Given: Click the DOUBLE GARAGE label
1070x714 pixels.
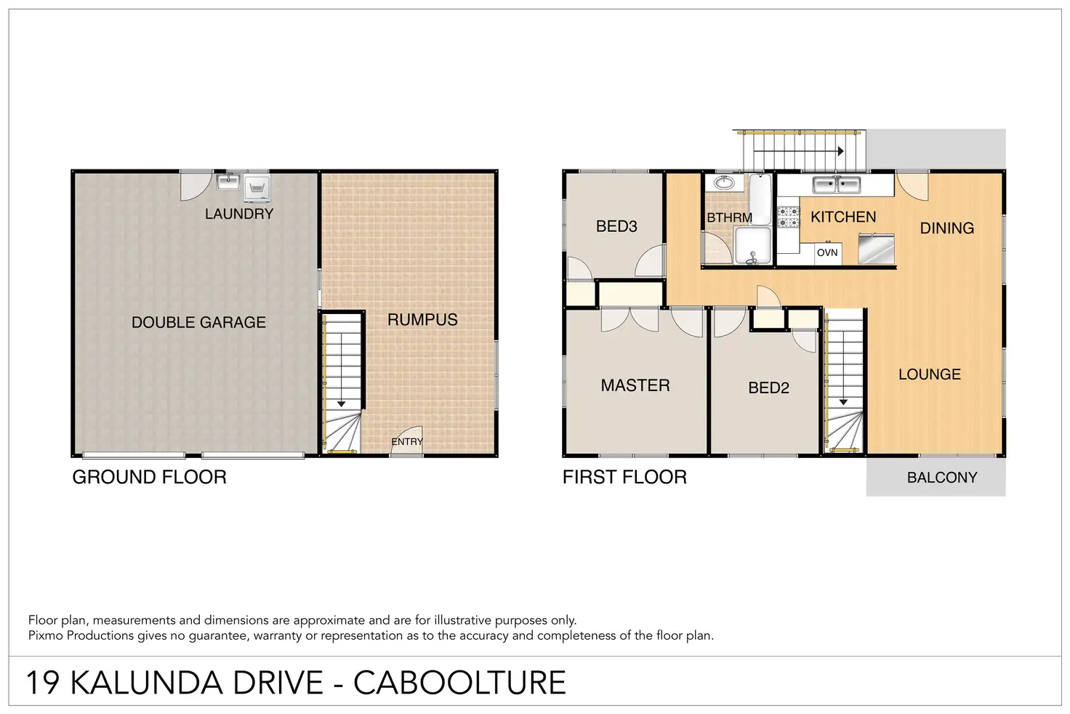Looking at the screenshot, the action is [198, 322].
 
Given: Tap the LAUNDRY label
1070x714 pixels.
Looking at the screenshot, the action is [239, 214].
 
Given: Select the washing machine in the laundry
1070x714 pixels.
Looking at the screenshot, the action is [257, 188].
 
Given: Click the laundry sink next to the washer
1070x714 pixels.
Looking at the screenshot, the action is [228, 182].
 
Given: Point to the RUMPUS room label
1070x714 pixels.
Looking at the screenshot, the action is [422, 320].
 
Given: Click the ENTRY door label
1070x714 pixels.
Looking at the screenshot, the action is [407, 441].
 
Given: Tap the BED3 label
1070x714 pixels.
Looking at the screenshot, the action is [616, 226].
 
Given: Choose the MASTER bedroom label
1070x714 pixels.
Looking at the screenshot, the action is [635, 385].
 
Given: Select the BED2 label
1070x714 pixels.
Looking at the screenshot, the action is [768, 388].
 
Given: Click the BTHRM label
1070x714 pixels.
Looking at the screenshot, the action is [729, 218].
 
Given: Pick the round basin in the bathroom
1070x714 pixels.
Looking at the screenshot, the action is [724, 182].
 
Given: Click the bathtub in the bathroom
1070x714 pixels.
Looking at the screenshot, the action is [760, 199].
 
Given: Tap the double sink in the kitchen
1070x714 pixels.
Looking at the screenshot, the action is [837, 185].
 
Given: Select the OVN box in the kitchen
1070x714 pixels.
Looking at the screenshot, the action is [827, 252].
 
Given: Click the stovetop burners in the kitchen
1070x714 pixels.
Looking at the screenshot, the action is [788, 217].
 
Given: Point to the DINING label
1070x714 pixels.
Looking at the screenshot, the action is [946, 228].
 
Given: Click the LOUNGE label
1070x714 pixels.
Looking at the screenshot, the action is [930, 374].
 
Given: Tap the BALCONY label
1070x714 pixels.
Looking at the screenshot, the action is [942, 478].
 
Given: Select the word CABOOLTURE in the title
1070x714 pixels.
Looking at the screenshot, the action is [459, 683].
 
